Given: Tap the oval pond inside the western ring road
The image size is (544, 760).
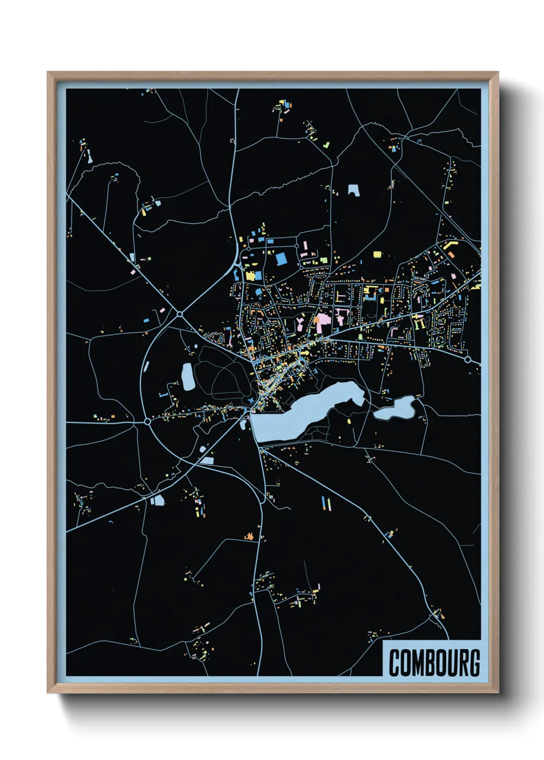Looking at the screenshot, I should pyautogui.click(x=188, y=376).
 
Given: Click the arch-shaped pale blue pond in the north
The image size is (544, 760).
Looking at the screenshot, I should pyautogui.click(x=353, y=190).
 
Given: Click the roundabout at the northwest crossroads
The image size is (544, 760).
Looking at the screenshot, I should pyautogui.click(x=180, y=314).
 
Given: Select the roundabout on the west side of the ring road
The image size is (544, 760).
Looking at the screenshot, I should pyautogui.click(x=148, y=421).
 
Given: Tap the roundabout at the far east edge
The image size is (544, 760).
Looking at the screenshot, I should pyautogui.click(x=467, y=359).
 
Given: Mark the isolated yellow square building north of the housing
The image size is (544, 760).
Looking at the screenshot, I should pyautogui.click(x=377, y=254).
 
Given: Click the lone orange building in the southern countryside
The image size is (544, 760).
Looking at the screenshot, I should pyautogui.click(x=250, y=537).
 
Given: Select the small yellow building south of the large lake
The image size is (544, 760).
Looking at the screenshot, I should pyautogui.click(x=349, y=422).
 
